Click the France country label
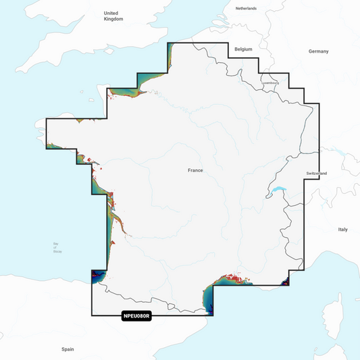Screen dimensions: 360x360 coord(195,171)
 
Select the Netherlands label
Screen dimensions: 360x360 coord(247,8)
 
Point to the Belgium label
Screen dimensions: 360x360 coord(242,50)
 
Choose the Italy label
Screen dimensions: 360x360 coord(342,230)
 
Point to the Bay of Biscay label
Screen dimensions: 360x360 coord(56,249)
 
